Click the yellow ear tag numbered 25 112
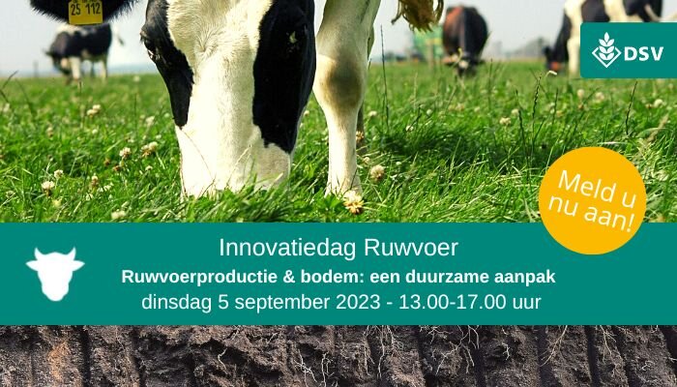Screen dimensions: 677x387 coord(85,12)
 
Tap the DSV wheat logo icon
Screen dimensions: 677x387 coord(606,49)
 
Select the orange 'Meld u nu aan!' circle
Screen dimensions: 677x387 coord(592,200)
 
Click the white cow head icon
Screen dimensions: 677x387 coord(55,274)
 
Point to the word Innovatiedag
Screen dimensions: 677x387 coord(287,249)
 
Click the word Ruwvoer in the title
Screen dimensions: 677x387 coord(411,249)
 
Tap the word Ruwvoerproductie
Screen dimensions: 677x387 coord(199,278)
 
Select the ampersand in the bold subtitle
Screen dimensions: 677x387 coord(289,277)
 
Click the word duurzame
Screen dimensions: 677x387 coord(446,277)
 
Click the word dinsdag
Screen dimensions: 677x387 coord(177,302)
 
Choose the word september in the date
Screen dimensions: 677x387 coord(282,303)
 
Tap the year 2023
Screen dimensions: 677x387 coord(358,302)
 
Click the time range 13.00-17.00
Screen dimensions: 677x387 coord(452,302)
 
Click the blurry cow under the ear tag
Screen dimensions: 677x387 coord(80,49)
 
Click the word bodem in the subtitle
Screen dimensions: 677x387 coord(332,277)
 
